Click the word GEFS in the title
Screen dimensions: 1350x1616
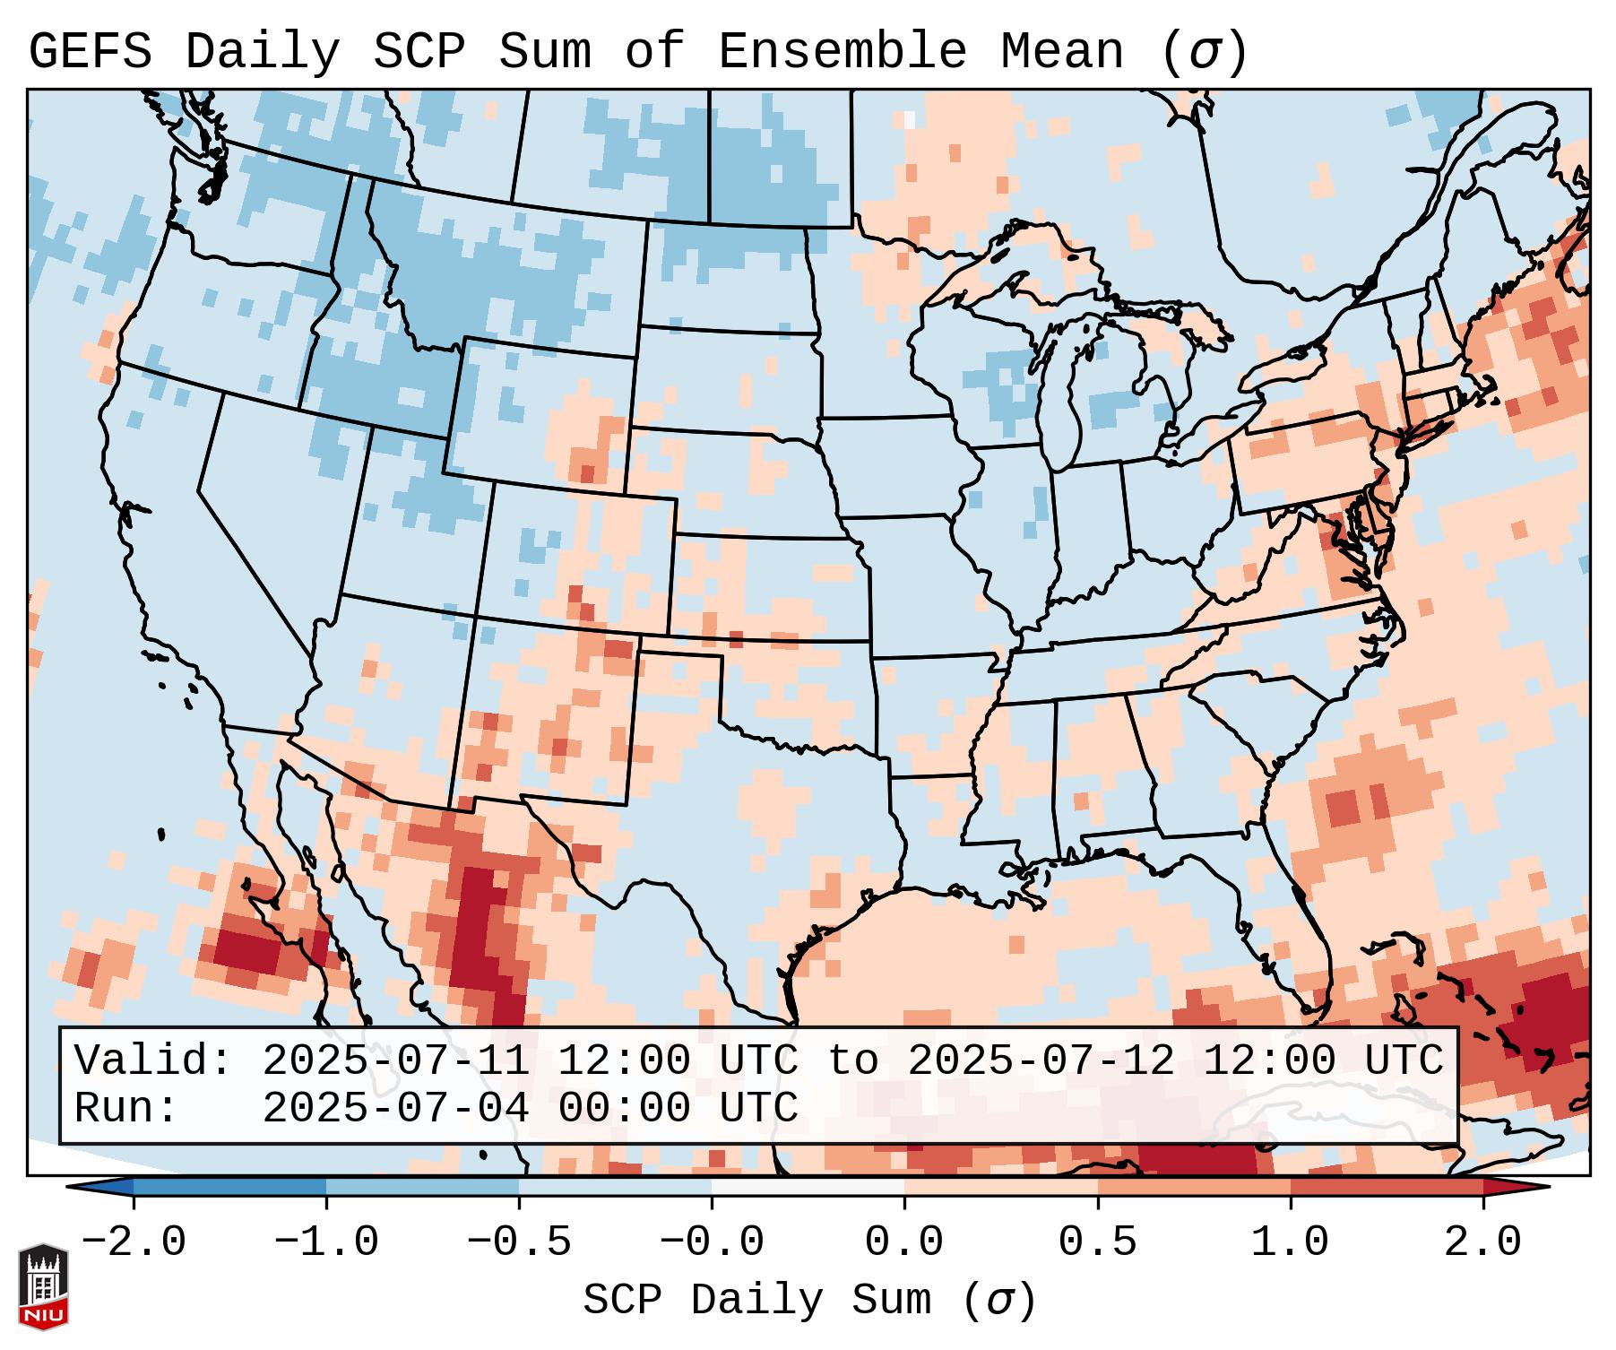click(x=90, y=52)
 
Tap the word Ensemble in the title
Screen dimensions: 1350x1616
click(x=842, y=52)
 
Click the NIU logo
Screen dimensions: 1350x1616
click(x=43, y=1285)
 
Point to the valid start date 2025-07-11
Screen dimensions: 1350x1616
click(x=395, y=1061)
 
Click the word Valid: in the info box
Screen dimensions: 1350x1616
click(x=152, y=1061)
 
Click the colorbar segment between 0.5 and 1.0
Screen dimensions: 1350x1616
click(x=1194, y=1187)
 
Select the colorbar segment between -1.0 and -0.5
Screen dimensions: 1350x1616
click(x=422, y=1187)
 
